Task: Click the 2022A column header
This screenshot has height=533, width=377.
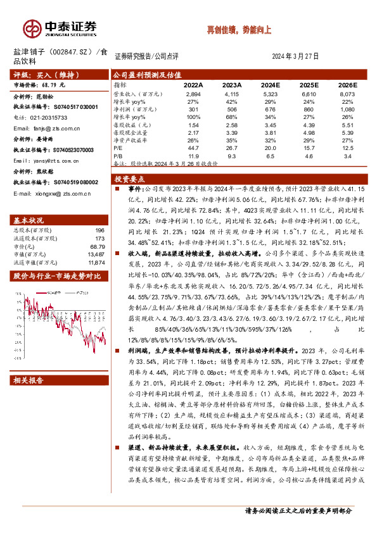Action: point(193,85)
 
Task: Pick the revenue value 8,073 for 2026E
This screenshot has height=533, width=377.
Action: point(347,93)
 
